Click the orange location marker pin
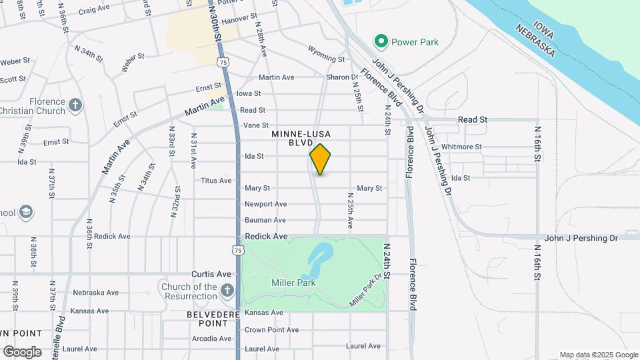tap(321, 159)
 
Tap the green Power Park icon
tap(381, 42)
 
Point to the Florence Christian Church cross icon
tap(75, 105)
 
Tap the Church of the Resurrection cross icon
tap(227, 290)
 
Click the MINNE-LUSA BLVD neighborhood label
tap(301, 138)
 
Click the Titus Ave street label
tap(216, 181)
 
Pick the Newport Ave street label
tap(265, 204)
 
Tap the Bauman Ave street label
tap(265, 220)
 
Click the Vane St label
tap(256, 125)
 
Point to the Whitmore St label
tap(461, 147)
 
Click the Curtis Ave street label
tap(211, 274)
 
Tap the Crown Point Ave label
tap(265, 330)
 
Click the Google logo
tap(22, 352)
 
